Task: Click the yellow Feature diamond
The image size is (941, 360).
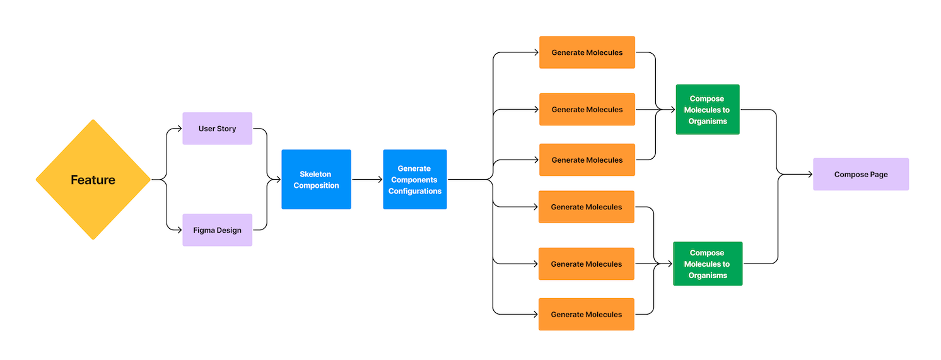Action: tap(93, 180)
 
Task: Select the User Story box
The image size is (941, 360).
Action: tap(217, 129)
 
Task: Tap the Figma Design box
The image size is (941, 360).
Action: tap(217, 230)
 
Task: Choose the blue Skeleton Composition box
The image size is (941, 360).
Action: tap(316, 180)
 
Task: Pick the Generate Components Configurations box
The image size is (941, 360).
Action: tap(414, 180)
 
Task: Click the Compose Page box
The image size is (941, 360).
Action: tap(860, 175)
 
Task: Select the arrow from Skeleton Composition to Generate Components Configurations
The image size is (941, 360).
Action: tap(366, 180)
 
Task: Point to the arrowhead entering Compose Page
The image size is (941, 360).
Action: tap(809, 175)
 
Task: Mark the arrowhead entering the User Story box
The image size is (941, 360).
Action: tap(179, 129)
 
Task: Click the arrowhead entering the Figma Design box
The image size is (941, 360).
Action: tap(179, 230)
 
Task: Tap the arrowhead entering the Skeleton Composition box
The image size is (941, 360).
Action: tap(278, 180)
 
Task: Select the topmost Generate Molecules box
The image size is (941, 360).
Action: tap(587, 52)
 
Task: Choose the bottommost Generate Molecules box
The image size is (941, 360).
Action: tap(586, 315)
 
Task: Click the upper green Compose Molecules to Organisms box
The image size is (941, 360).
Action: tap(707, 110)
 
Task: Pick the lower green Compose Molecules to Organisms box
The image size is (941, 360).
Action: tap(707, 264)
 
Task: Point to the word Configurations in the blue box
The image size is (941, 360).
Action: tap(414, 191)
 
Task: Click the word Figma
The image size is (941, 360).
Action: tap(204, 230)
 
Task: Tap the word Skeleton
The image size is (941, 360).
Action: tap(315, 174)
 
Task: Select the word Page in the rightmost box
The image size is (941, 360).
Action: tap(878, 175)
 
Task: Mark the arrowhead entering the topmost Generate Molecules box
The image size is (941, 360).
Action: tap(535, 52)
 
